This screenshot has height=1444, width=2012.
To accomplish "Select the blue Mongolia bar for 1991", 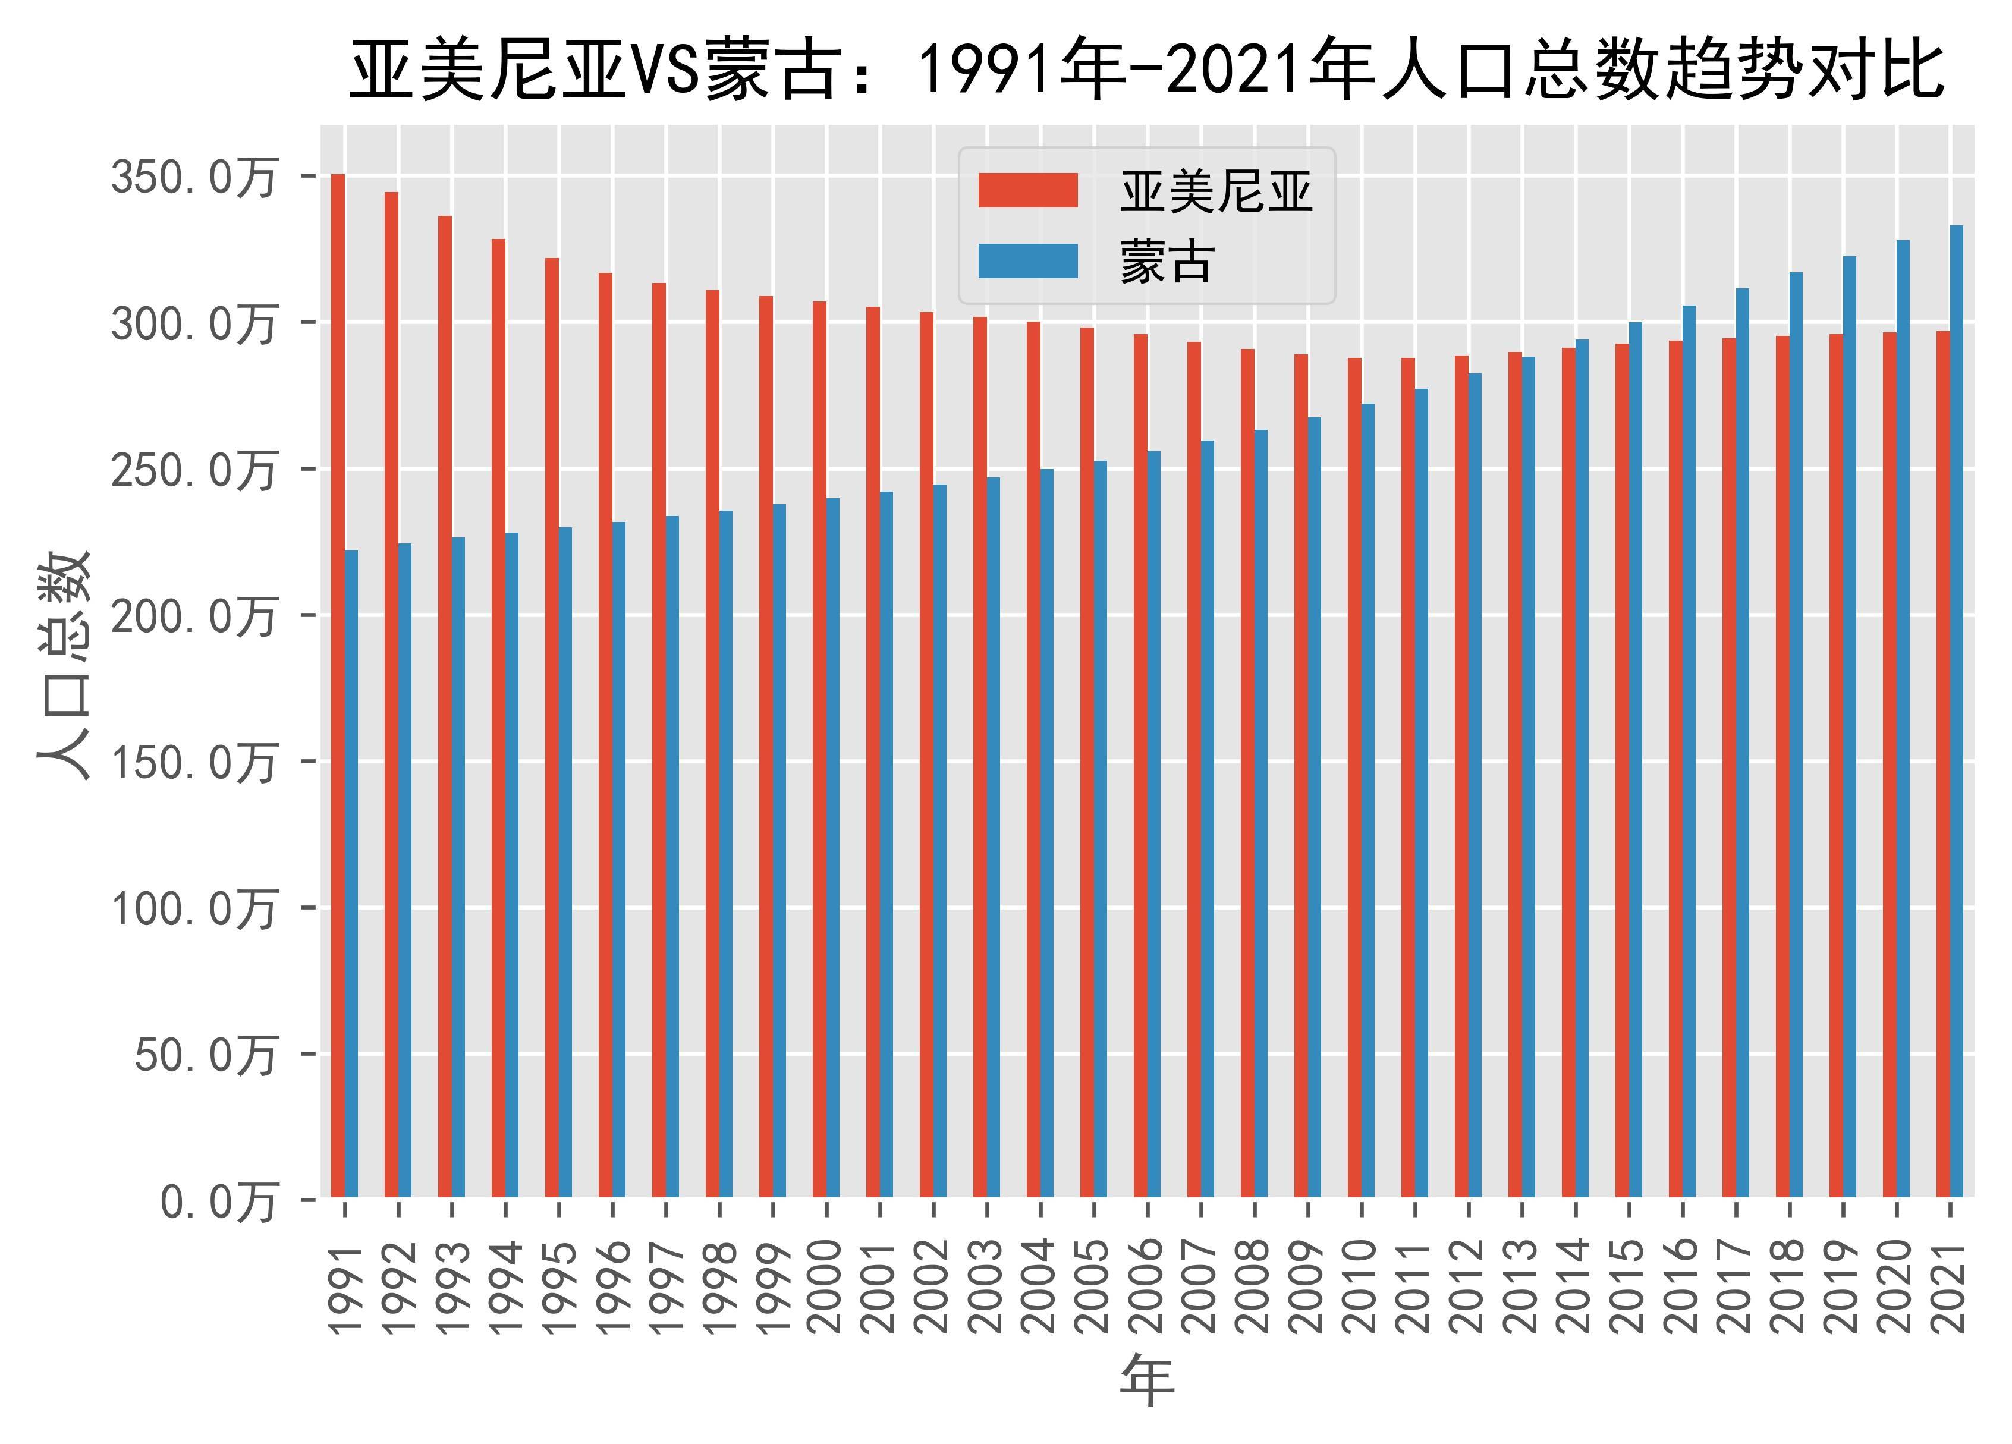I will tap(351, 874).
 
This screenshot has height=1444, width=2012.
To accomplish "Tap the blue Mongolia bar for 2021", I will tap(1956, 710).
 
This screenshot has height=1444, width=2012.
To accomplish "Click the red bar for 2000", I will tap(820, 750).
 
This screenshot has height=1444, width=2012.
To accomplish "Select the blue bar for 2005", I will tap(1100, 829).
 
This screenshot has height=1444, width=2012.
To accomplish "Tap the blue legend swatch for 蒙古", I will tap(1027, 262).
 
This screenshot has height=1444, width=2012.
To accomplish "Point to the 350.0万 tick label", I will tap(193, 177).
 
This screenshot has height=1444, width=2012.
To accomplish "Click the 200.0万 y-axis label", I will tap(193, 615).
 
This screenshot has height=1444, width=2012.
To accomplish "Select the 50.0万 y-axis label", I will tap(206, 1055).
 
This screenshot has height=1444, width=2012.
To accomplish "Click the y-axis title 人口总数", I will tap(64, 665).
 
